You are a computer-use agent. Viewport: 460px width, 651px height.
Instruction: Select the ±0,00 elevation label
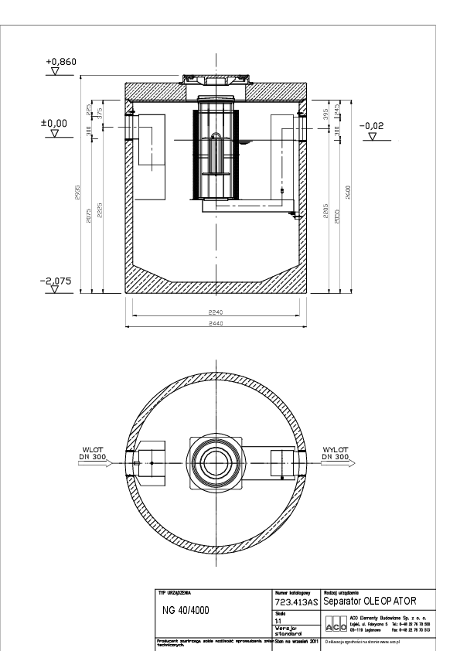[54, 123]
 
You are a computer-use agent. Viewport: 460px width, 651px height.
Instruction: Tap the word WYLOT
[334, 448]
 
